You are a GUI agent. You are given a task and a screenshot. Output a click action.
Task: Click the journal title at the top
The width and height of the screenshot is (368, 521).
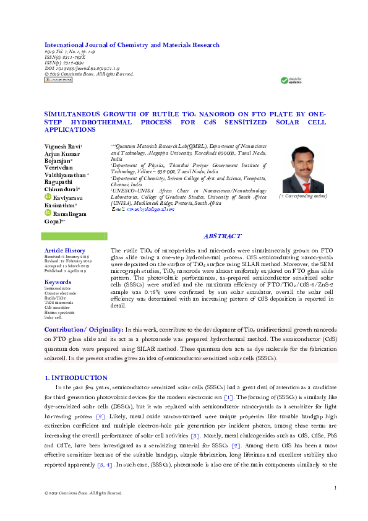(131, 45)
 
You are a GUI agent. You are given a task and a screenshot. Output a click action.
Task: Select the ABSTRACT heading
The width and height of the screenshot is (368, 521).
(222, 236)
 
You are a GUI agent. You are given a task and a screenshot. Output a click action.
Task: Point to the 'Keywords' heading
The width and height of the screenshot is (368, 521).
(58, 282)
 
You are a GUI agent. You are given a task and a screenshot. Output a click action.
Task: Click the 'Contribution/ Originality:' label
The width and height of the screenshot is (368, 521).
(83, 330)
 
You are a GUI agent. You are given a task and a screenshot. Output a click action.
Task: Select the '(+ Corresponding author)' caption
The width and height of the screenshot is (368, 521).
(303, 196)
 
